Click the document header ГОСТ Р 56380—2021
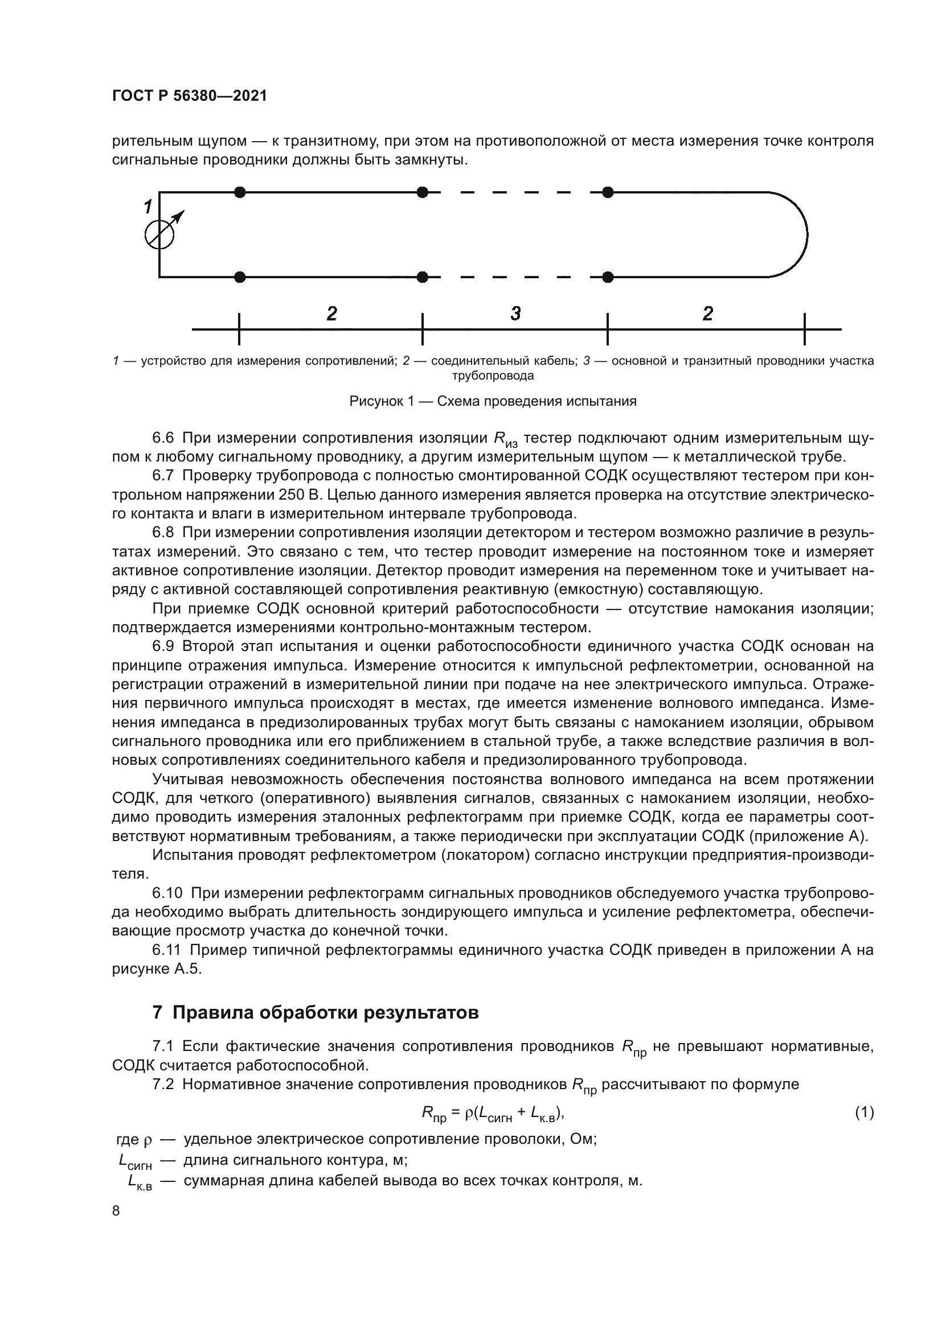(189, 96)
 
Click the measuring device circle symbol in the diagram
(158, 235)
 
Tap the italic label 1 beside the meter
(149, 207)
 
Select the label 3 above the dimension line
(515, 314)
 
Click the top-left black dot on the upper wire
(240, 192)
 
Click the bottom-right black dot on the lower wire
(607, 277)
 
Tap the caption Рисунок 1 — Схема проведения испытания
(493, 401)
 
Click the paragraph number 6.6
(162, 438)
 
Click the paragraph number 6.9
(162, 646)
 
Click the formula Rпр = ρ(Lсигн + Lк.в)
(493, 1114)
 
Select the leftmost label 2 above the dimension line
(331, 314)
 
